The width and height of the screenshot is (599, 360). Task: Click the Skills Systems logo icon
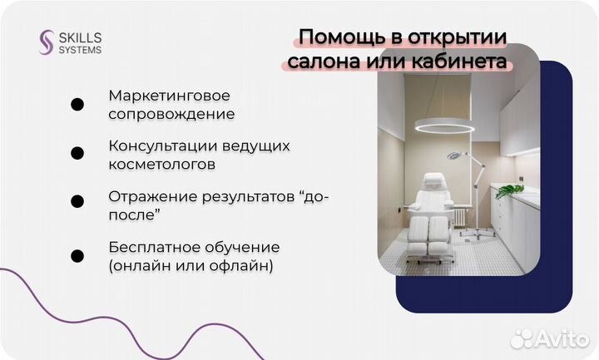[x=47, y=42]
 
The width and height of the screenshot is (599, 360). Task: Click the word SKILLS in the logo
[x=79, y=36]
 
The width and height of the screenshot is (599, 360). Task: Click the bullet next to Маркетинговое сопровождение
[x=77, y=105]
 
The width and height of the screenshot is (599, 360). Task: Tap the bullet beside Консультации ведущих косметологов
[x=77, y=154]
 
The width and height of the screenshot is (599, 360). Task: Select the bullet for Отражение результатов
[x=77, y=202]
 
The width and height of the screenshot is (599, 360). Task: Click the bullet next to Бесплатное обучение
[x=77, y=256]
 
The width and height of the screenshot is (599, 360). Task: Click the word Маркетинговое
[x=169, y=96]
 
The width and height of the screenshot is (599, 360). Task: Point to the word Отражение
[x=146, y=197]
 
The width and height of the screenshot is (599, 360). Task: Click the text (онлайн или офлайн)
[x=191, y=266]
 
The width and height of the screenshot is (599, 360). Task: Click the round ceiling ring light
[x=444, y=127]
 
